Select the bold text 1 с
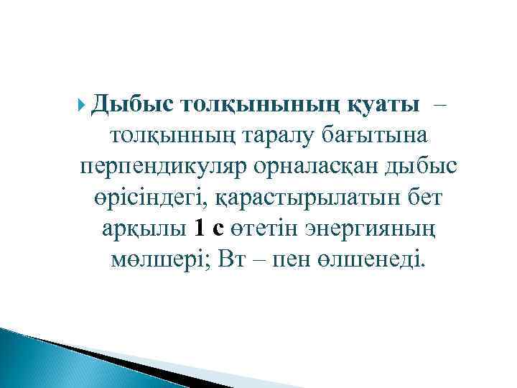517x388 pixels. (208, 230)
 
